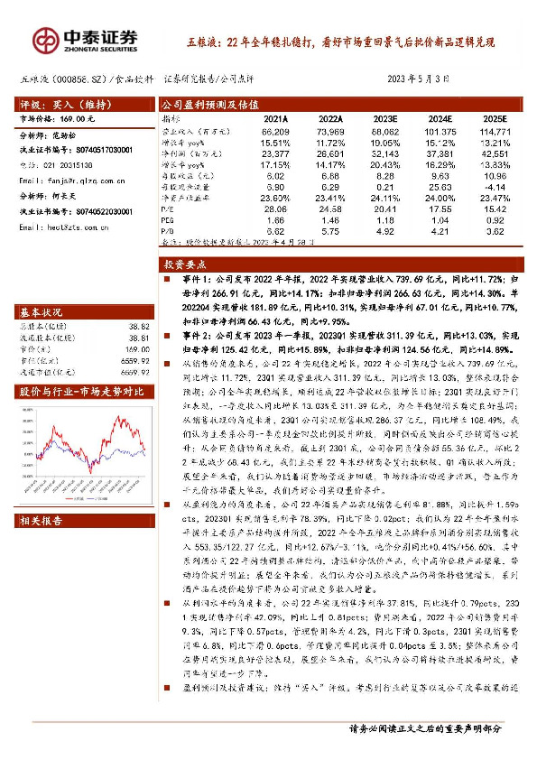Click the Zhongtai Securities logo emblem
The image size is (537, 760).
click(x=46, y=38)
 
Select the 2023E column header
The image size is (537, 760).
click(x=386, y=117)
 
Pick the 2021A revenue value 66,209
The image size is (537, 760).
click(x=275, y=132)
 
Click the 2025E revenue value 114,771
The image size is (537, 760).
click(x=495, y=132)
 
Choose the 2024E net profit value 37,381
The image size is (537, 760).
click(x=440, y=153)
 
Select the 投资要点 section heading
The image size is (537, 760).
click(x=186, y=264)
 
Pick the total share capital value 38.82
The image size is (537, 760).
click(x=138, y=326)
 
